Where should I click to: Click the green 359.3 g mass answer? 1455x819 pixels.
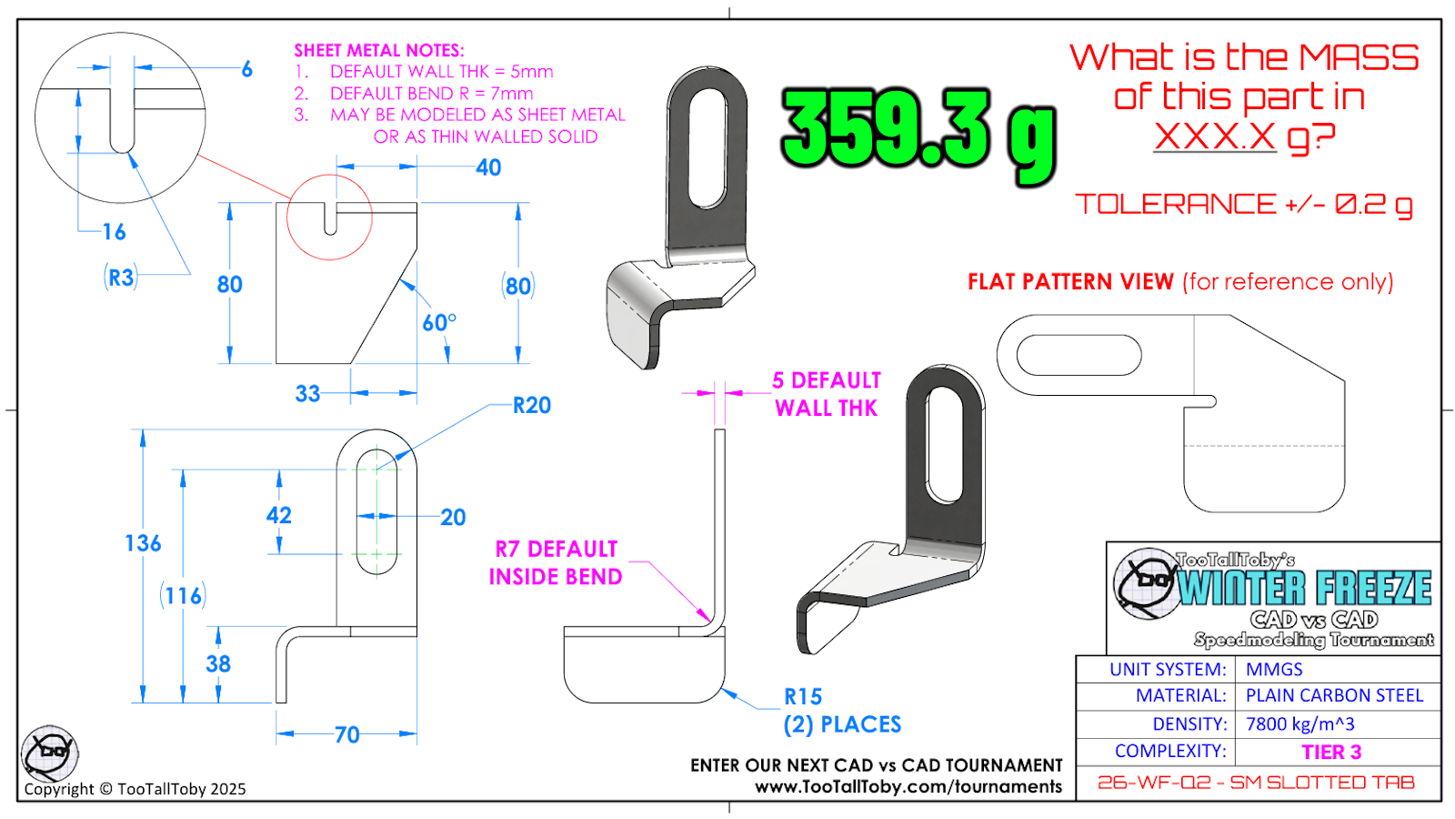pyautogui.click(x=918, y=136)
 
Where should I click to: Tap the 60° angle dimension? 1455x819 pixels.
pyautogui.click(x=439, y=322)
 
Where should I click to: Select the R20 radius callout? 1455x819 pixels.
pyautogui.click(x=532, y=406)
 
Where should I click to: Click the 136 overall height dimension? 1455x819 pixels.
pyautogui.click(x=143, y=543)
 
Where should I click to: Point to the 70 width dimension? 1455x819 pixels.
pyautogui.click(x=346, y=735)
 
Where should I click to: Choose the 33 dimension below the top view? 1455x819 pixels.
pyautogui.click(x=308, y=394)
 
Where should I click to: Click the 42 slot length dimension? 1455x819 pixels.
pyautogui.click(x=278, y=515)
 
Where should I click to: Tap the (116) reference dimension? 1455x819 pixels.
pyautogui.click(x=183, y=595)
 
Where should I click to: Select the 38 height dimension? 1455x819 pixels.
pyautogui.click(x=218, y=664)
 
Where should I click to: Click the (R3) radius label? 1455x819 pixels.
pyautogui.click(x=121, y=278)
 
